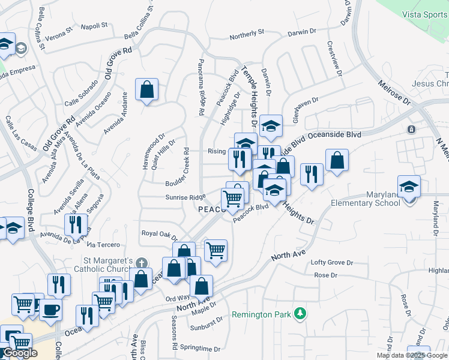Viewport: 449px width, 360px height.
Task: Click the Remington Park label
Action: pyautogui.click(x=262, y=314)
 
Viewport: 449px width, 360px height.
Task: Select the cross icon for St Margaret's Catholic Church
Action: pyautogui.click(x=142, y=262)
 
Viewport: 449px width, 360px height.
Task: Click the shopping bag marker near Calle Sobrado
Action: pyautogui.click(x=146, y=90)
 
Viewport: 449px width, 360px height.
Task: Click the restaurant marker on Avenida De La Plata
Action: pyautogui.click(x=76, y=224)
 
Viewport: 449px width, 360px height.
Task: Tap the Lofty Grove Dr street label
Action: pyautogui.click(x=331, y=263)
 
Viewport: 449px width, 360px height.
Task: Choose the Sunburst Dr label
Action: pyautogui.click(x=206, y=329)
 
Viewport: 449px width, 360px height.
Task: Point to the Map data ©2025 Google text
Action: pyautogui.click(x=412, y=355)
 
